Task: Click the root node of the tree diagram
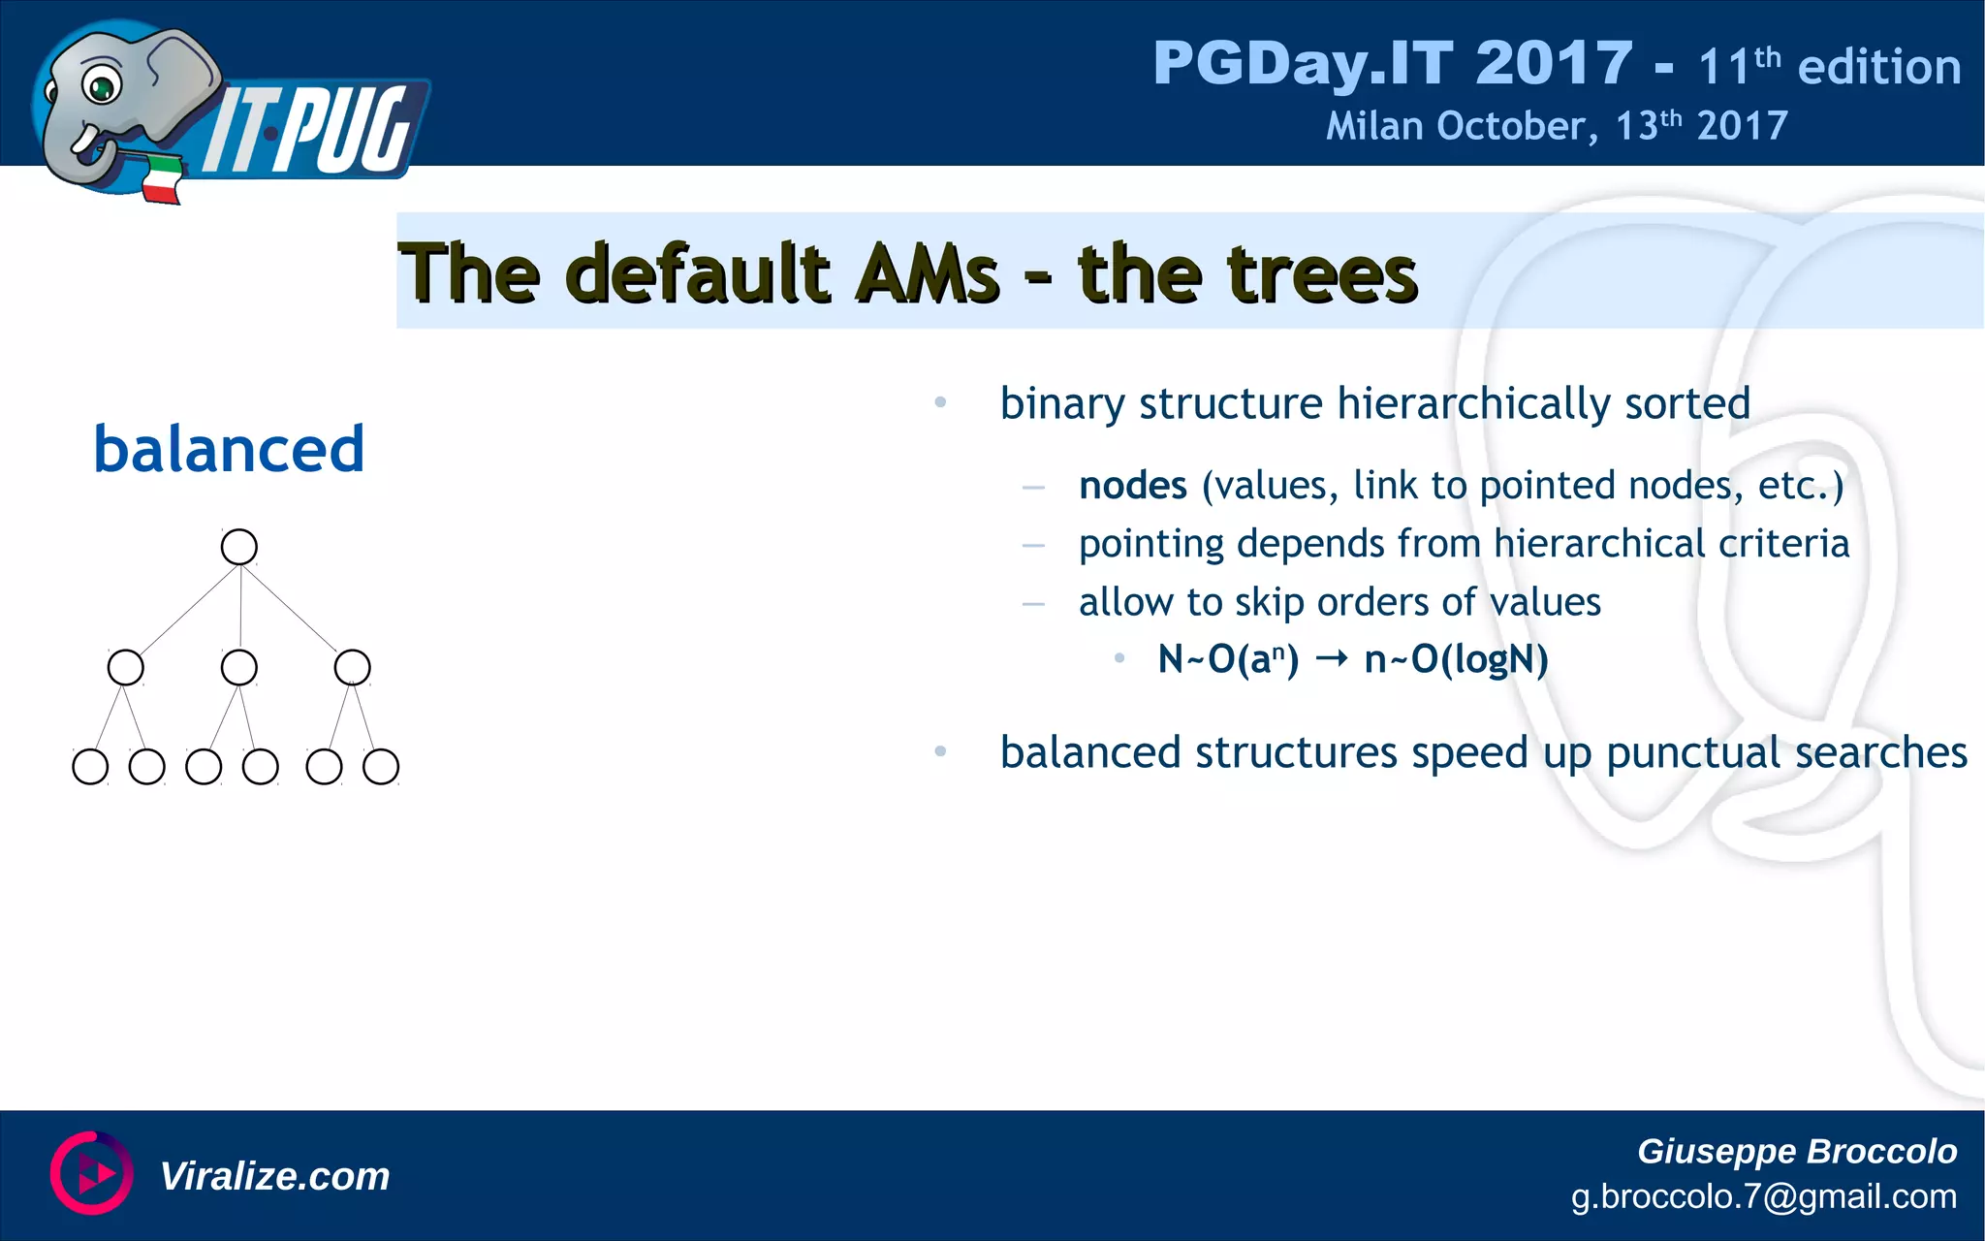[x=239, y=547]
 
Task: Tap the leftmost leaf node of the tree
[x=90, y=766]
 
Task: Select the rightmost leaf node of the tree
[x=381, y=766]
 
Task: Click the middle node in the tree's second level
[x=239, y=667]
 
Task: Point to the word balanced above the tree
[x=229, y=449]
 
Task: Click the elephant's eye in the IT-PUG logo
[x=100, y=87]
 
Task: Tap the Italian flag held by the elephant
[x=162, y=180]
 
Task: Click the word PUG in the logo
[x=349, y=131]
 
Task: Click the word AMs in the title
[x=928, y=274]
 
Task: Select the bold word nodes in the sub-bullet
[x=1132, y=485]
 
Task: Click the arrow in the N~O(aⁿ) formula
[x=1332, y=659]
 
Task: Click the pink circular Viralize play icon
[x=92, y=1172]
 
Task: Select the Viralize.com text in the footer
[x=274, y=1176]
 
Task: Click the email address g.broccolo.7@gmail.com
[x=1763, y=1196]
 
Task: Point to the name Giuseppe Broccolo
[x=1796, y=1151]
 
